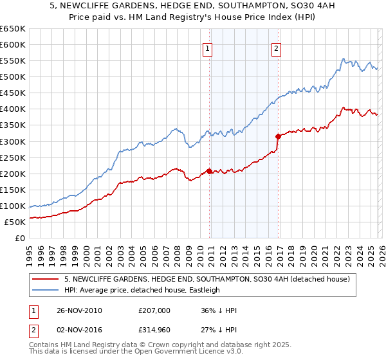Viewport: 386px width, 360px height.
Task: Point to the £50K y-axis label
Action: pos(14,222)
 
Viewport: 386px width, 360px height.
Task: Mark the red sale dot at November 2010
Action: pos(210,171)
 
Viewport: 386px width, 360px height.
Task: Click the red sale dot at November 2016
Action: pos(278,136)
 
